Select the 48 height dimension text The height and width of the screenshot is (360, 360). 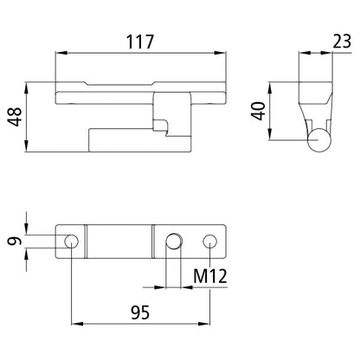tap(15, 116)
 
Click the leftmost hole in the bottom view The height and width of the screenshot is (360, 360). tap(72, 240)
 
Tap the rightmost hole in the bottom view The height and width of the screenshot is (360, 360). tap(210, 240)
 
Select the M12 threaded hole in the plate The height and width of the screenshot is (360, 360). tap(175, 240)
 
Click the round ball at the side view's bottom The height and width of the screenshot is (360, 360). tap(319, 139)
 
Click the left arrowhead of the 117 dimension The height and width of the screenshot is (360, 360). tap(59, 53)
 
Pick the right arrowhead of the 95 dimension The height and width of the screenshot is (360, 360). tap(208, 325)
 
